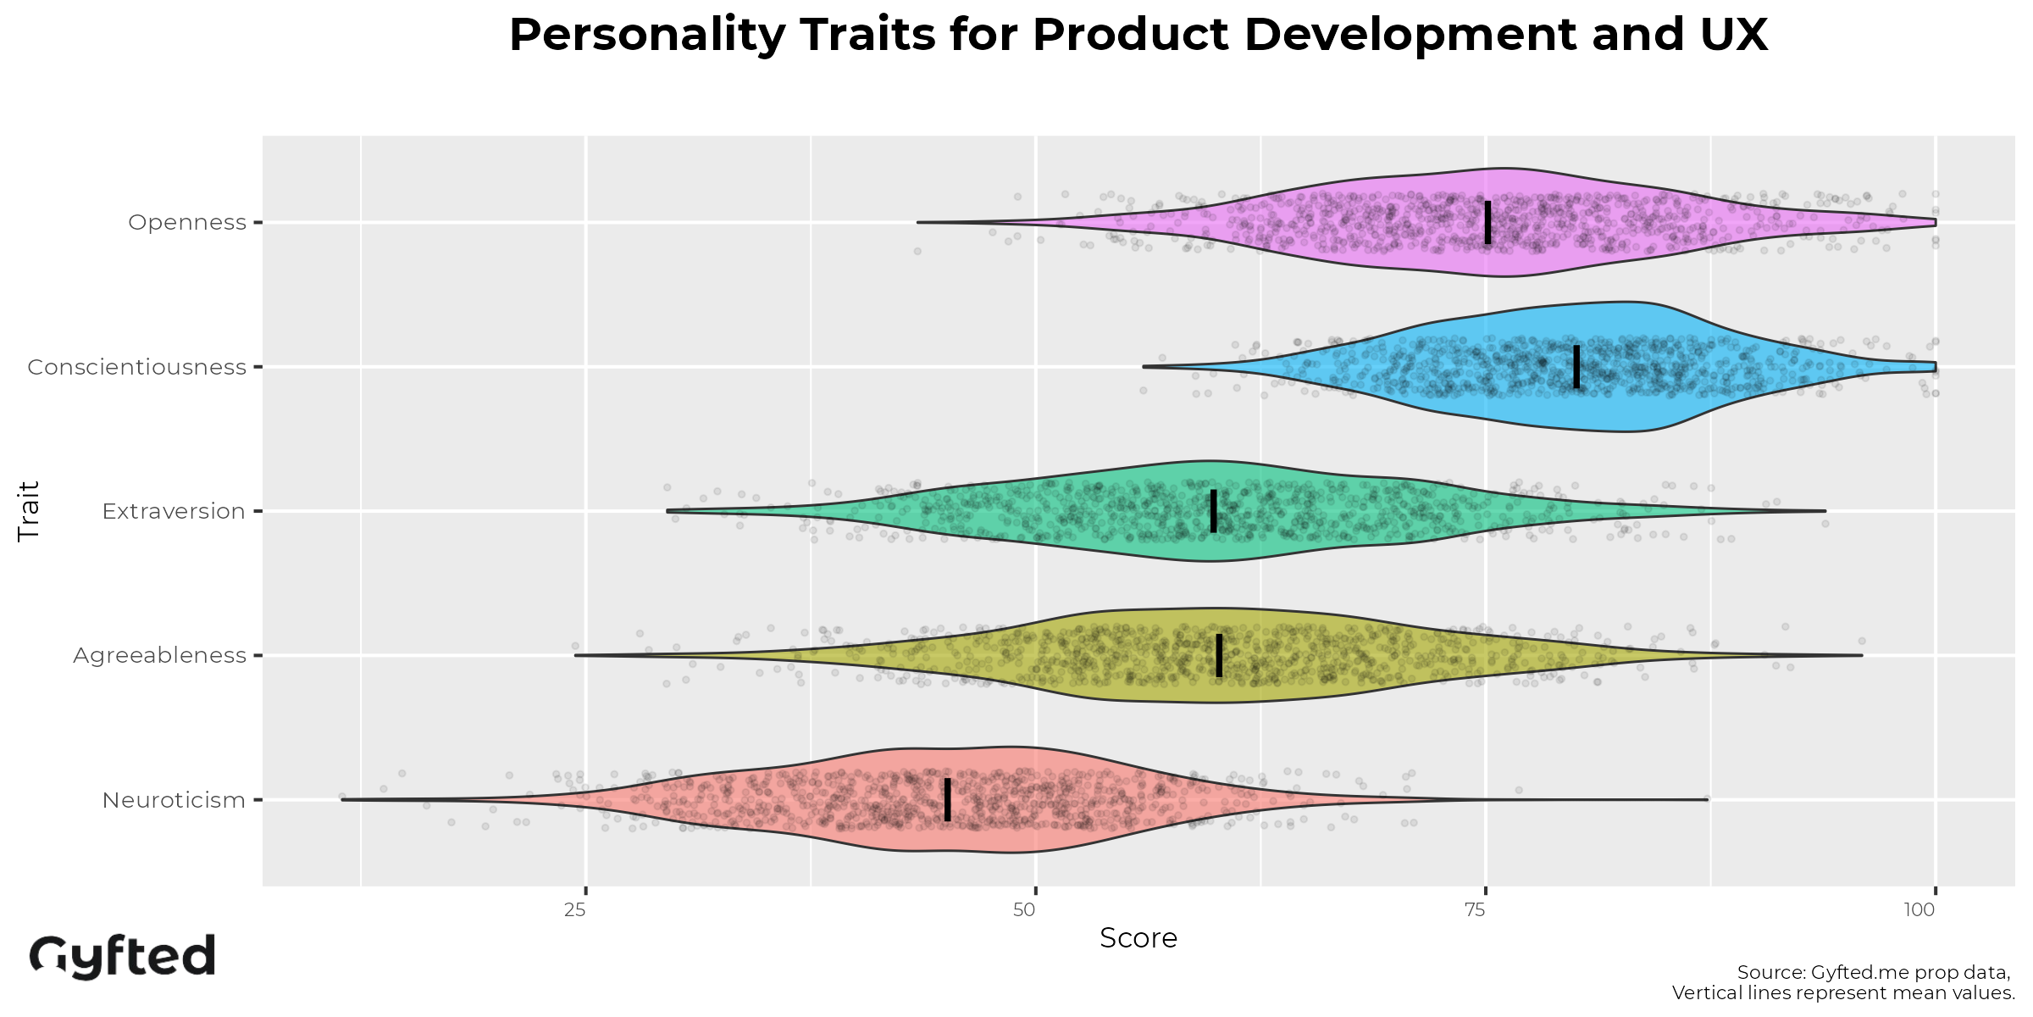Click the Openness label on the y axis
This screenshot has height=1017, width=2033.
click(187, 222)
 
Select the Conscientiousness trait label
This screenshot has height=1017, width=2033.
click(136, 367)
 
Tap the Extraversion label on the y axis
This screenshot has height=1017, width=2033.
click(174, 511)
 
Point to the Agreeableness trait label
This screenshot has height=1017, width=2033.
click(159, 655)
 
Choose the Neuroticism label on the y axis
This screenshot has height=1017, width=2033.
click(174, 800)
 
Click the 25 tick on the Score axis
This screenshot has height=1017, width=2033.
click(576, 910)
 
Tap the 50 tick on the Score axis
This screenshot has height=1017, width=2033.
click(1025, 910)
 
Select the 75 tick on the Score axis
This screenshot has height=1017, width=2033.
click(1476, 910)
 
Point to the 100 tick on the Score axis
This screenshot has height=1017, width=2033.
click(1919, 910)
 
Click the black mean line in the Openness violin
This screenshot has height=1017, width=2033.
click(1488, 222)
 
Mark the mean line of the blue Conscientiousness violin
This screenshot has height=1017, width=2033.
click(1576, 367)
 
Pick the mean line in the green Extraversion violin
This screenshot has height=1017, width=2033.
click(1214, 511)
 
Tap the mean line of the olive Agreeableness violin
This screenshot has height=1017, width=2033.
click(1219, 655)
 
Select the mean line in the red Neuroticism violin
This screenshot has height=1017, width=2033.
click(947, 800)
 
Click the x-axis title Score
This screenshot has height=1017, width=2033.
click(1138, 938)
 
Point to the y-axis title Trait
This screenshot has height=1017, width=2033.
click(29, 511)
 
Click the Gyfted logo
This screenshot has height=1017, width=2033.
click(123, 957)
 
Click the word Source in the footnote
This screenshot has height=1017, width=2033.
click(1769, 972)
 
